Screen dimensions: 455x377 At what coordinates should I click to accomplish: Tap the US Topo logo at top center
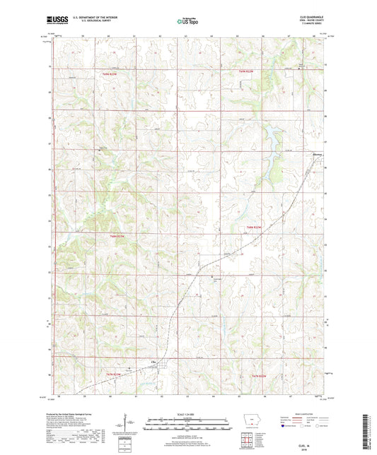click(x=188, y=21)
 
